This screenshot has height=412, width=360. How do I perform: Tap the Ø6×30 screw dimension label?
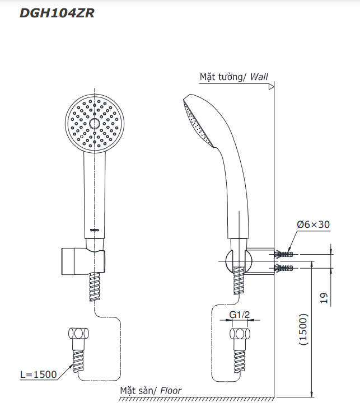313,224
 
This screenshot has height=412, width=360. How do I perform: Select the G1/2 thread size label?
239,315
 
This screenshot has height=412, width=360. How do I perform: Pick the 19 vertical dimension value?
324,298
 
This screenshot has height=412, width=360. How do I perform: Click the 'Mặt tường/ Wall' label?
233,77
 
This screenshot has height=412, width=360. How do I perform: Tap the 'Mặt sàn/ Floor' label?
151,391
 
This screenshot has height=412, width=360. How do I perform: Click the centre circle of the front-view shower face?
94,123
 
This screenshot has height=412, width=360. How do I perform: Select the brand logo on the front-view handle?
94,230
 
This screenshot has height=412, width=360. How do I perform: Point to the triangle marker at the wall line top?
271,87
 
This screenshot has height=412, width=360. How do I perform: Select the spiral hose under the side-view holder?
239,280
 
